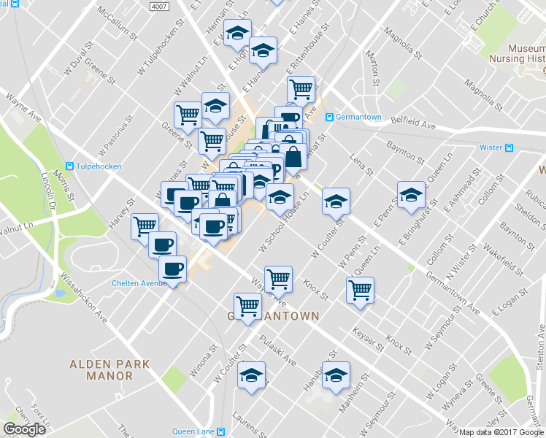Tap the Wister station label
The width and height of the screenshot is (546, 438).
[x=491, y=147]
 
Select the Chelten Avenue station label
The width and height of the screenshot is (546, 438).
[x=139, y=284]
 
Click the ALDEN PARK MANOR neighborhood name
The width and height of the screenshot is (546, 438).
[x=109, y=369]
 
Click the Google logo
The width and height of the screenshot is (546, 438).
[x=24, y=429]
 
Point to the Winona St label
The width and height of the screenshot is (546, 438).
[x=200, y=362]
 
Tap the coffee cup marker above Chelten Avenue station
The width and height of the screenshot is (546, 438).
[x=173, y=269]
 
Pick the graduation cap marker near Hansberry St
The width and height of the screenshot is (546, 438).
[x=336, y=375]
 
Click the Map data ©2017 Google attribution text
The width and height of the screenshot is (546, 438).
[x=501, y=432]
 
